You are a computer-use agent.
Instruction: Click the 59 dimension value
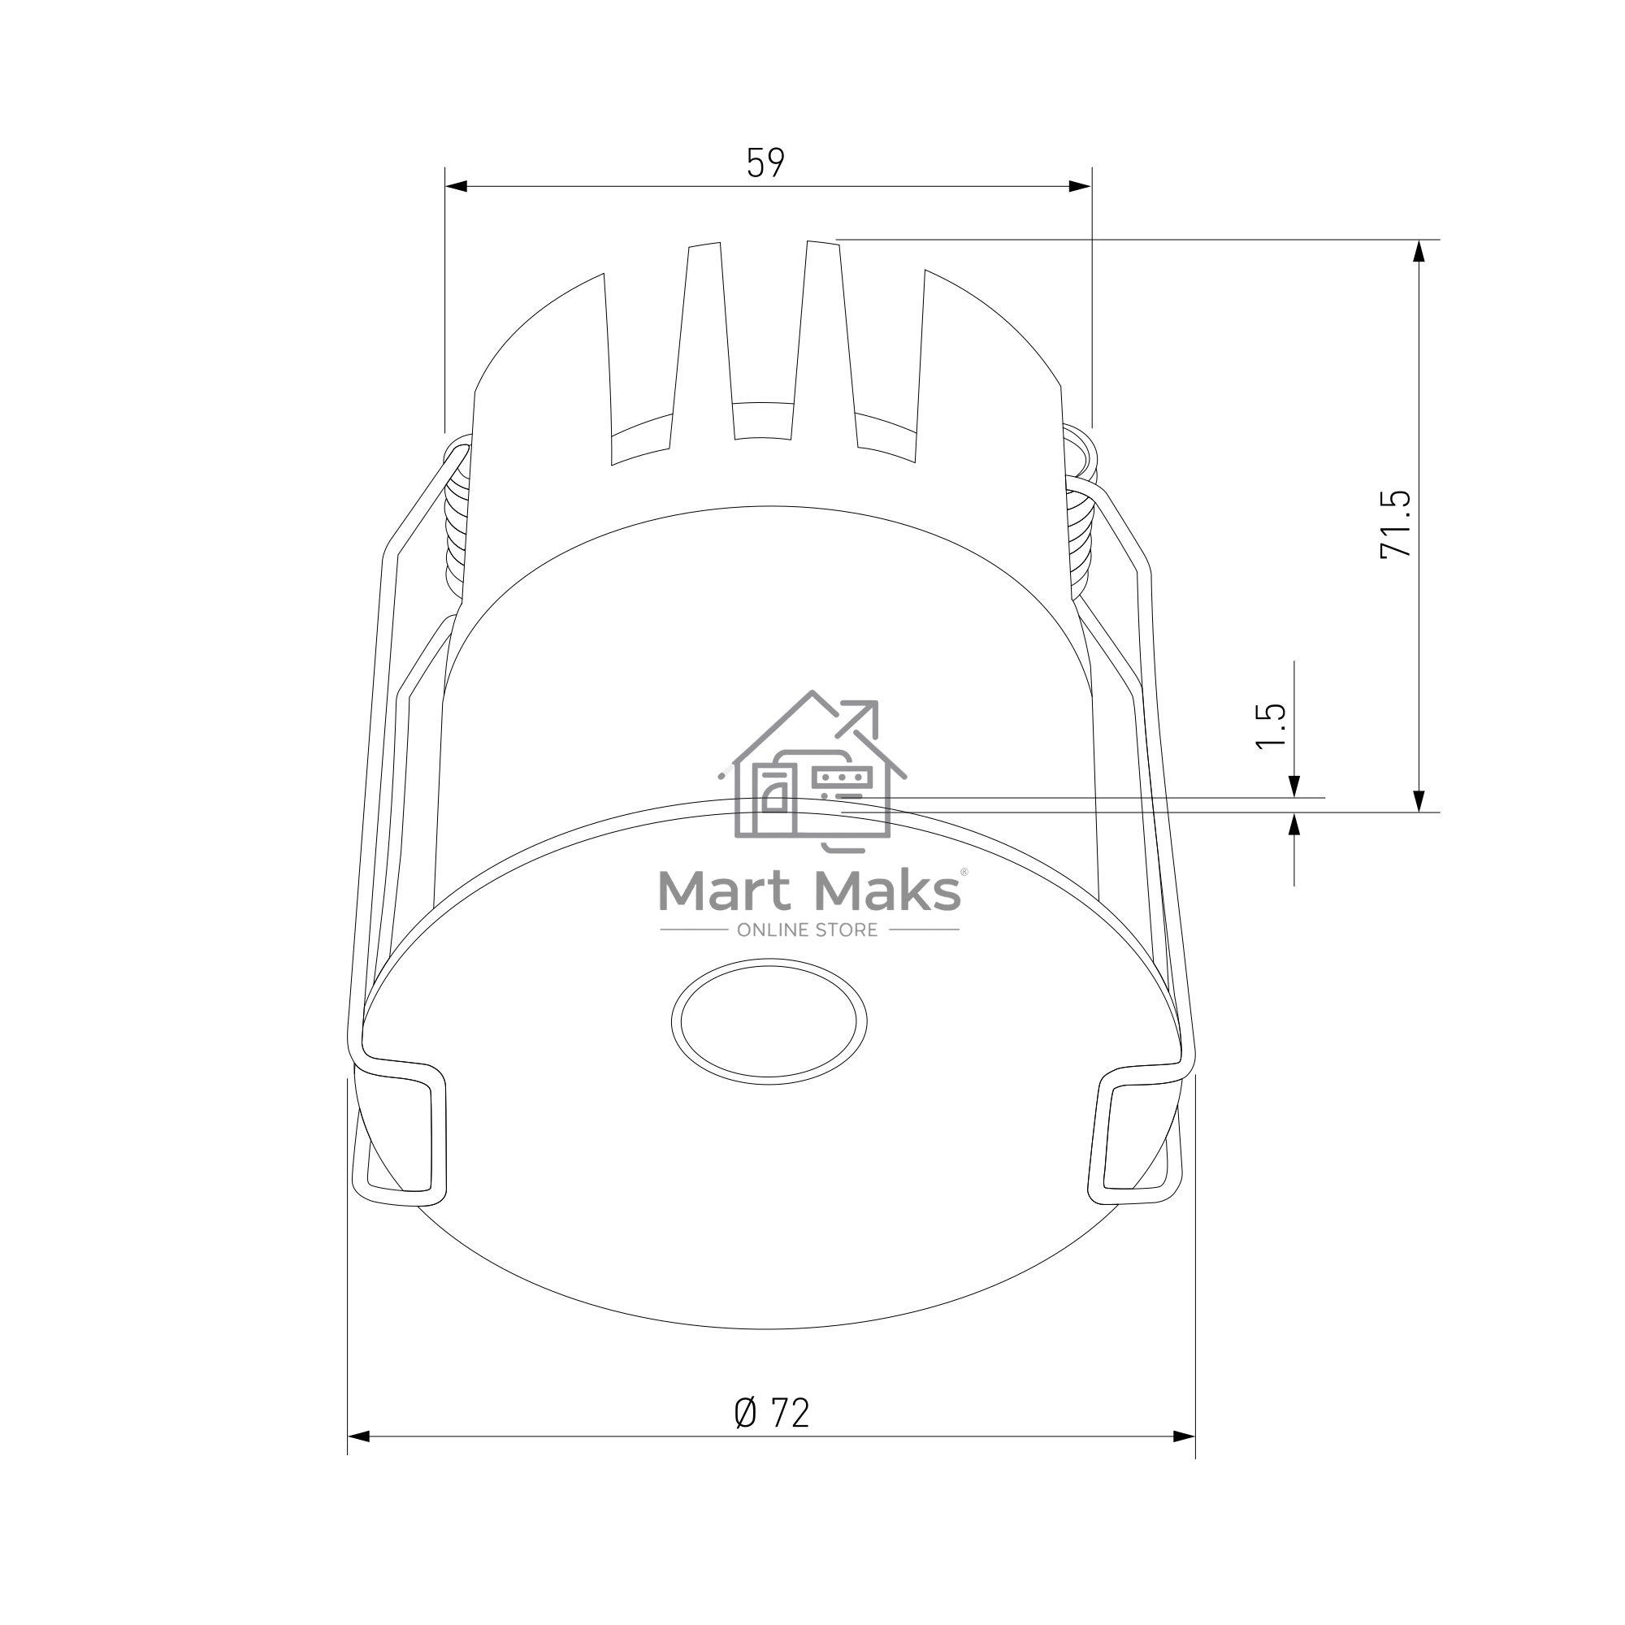pyautogui.click(x=765, y=162)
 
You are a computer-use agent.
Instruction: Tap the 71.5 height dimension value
pyautogui.click(x=1396, y=524)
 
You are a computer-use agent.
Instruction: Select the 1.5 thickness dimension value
pyautogui.click(x=1271, y=725)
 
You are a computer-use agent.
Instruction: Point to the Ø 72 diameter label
pyautogui.click(x=771, y=1413)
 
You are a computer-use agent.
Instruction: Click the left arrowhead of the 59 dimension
pyautogui.click(x=456, y=186)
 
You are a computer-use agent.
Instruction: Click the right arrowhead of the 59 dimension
pyautogui.click(x=1080, y=186)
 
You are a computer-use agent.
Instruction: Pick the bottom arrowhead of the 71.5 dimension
pyautogui.click(x=1419, y=801)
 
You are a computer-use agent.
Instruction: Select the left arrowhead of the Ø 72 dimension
pyautogui.click(x=359, y=1436)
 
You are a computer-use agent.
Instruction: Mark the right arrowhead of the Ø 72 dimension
pyautogui.click(x=1184, y=1436)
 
